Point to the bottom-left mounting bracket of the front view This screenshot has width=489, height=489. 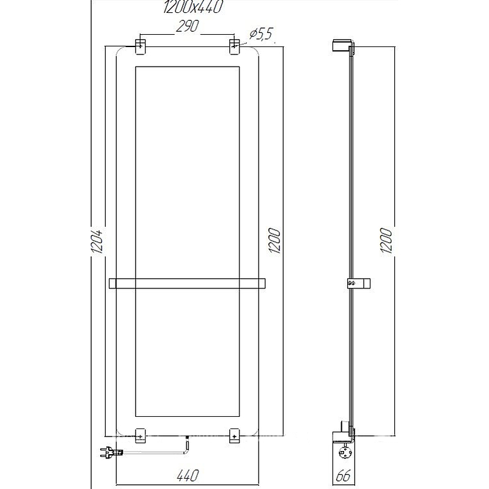pyautogui.click(x=140, y=435)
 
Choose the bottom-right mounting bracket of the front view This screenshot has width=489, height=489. pyautogui.click(x=235, y=435)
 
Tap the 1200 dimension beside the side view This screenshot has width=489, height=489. pyautogui.click(x=384, y=242)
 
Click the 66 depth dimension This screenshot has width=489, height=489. pyautogui.click(x=344, y=476)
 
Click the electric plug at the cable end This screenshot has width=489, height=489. pyautogui.click(x=105, y=453)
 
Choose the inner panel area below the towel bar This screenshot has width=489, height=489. pyautogui.click(x=188, y=355)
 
